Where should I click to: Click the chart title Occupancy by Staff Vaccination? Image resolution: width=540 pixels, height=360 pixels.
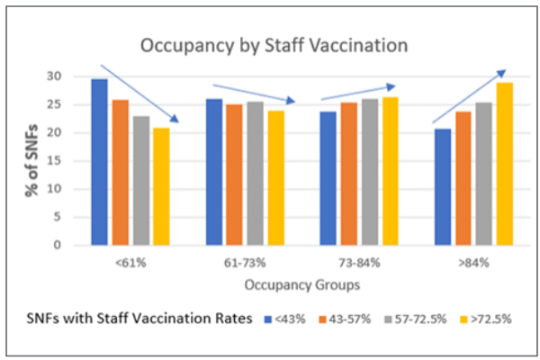(274, 44)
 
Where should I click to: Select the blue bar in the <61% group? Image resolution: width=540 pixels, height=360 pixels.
(99, 162)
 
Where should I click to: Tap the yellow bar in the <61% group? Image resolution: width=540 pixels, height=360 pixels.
(161, 186)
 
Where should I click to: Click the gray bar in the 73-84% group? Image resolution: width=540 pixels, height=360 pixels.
(369, 172)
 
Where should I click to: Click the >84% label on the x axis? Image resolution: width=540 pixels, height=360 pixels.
(473, 262)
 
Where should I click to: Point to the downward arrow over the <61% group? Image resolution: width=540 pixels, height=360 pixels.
(139, 93)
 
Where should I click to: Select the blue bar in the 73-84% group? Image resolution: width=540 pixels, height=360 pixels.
(328, 178)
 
